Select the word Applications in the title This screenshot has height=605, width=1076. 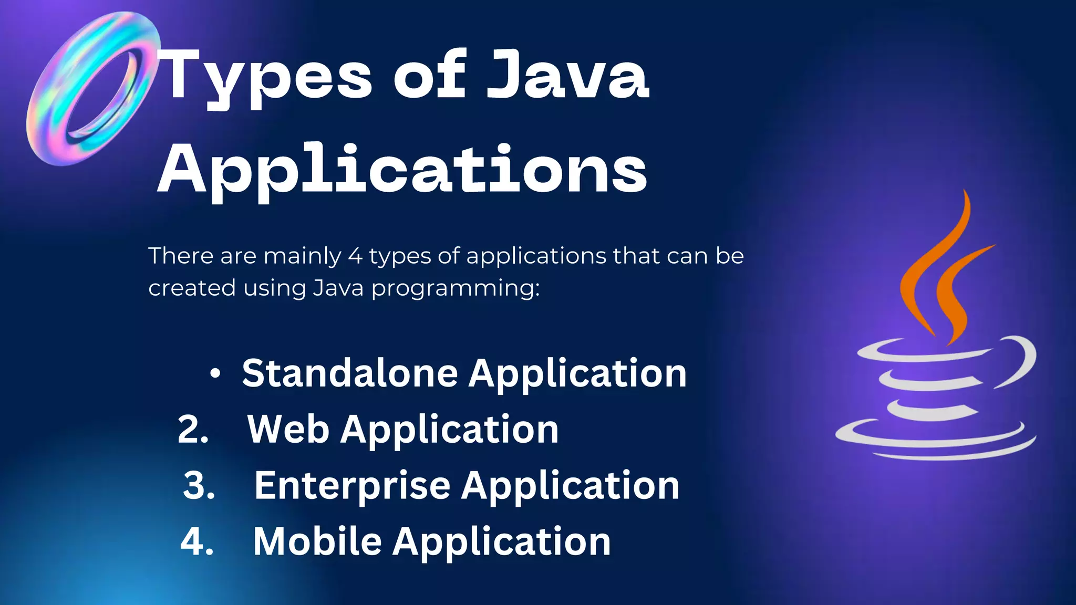(x=402, y=171)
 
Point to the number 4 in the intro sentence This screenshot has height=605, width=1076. (x=355, y=256)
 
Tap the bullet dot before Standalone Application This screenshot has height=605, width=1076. (x=215, y=374)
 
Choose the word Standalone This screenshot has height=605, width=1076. (x=350, y=374)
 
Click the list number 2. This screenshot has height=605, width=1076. (x=192, y=430)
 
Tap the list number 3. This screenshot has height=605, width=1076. (x=199, y=486)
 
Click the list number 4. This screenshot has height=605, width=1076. (x=196, y=542)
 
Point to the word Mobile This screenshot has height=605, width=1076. (x=317, y=541)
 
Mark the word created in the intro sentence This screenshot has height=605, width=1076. (x=192, y=288)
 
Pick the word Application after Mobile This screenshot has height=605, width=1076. (x=502, y=542)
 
